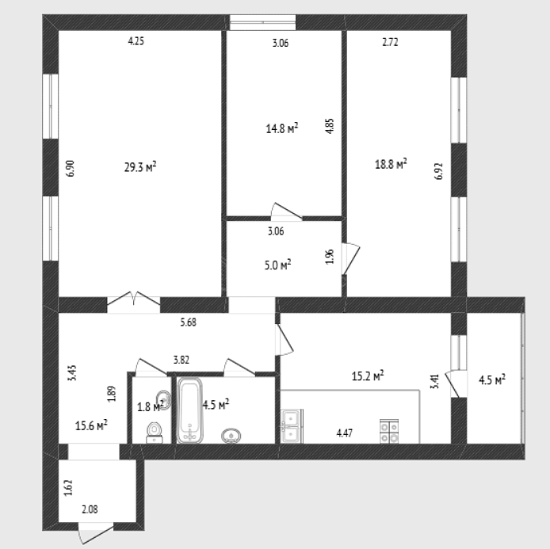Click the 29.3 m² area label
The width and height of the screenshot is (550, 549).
(140, 167)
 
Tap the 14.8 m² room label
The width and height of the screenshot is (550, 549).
(282, 128)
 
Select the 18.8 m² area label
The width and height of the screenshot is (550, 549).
(391, 164)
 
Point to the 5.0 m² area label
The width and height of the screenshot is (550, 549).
(278, 265)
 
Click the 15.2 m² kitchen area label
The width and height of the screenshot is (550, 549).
(368, 376)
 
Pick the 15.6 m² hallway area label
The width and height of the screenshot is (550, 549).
(91, 425)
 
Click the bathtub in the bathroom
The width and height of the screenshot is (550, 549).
(189, 410)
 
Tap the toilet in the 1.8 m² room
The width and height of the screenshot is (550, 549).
(154, 433)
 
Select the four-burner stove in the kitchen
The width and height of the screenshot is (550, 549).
(389, 431)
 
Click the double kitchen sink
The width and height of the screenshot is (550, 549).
(292, 426)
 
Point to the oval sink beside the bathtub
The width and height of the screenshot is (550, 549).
(231, 436)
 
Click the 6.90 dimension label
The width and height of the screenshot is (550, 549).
(71, 169)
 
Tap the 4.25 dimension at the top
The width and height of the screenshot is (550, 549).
(136, 41)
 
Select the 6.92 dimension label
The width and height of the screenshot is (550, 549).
(439, 171)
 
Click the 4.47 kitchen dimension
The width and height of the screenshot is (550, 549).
(345, 433)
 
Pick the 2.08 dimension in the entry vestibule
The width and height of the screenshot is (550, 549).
(90, 509)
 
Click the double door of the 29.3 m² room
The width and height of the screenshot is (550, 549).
(134, 301)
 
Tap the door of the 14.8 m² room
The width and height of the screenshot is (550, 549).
(286, 212)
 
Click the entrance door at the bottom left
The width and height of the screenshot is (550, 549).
(95, 533)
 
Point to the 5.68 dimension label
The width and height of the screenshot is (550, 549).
(189, 322)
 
